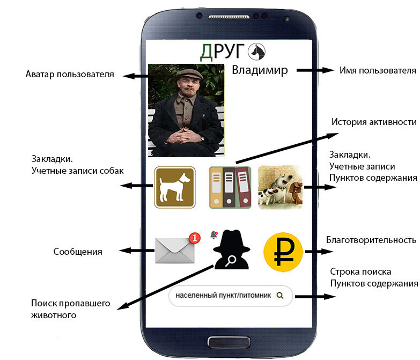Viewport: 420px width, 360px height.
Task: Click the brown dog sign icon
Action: click(175, 187)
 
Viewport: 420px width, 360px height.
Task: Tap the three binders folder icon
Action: click(230, 187)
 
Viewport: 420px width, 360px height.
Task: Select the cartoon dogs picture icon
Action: click(280, 187)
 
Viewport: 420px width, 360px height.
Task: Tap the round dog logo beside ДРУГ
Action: click(257, 52)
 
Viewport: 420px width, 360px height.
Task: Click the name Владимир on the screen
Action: click(260, 70)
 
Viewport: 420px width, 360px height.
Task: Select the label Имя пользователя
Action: click(378, 70)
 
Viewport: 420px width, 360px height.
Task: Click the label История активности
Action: click(374, 122)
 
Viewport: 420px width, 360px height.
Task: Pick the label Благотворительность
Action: click(371, 240)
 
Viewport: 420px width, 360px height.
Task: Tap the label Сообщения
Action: click(78, 251)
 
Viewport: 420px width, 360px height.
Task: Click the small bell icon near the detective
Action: click(213, 234)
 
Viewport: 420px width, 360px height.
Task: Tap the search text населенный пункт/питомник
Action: click(223, 295)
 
